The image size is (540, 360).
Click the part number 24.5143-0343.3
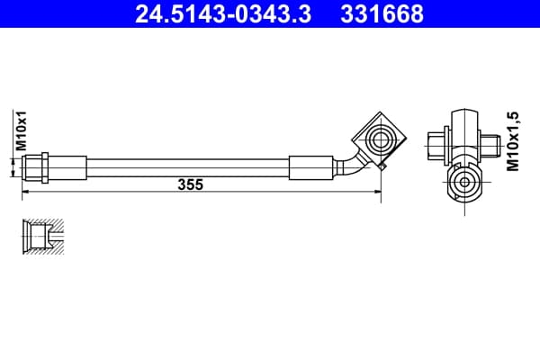(223, 14)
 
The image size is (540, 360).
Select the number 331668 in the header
(382, 14)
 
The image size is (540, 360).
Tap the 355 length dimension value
(191, 184)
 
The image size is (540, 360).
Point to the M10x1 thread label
(21, 130)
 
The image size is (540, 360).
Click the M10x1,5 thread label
(512, 141)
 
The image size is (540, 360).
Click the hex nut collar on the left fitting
(45, 167)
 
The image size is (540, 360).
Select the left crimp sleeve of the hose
(67, 167)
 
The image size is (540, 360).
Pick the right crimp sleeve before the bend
(311, 167)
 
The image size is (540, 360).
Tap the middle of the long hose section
(188, 167)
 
